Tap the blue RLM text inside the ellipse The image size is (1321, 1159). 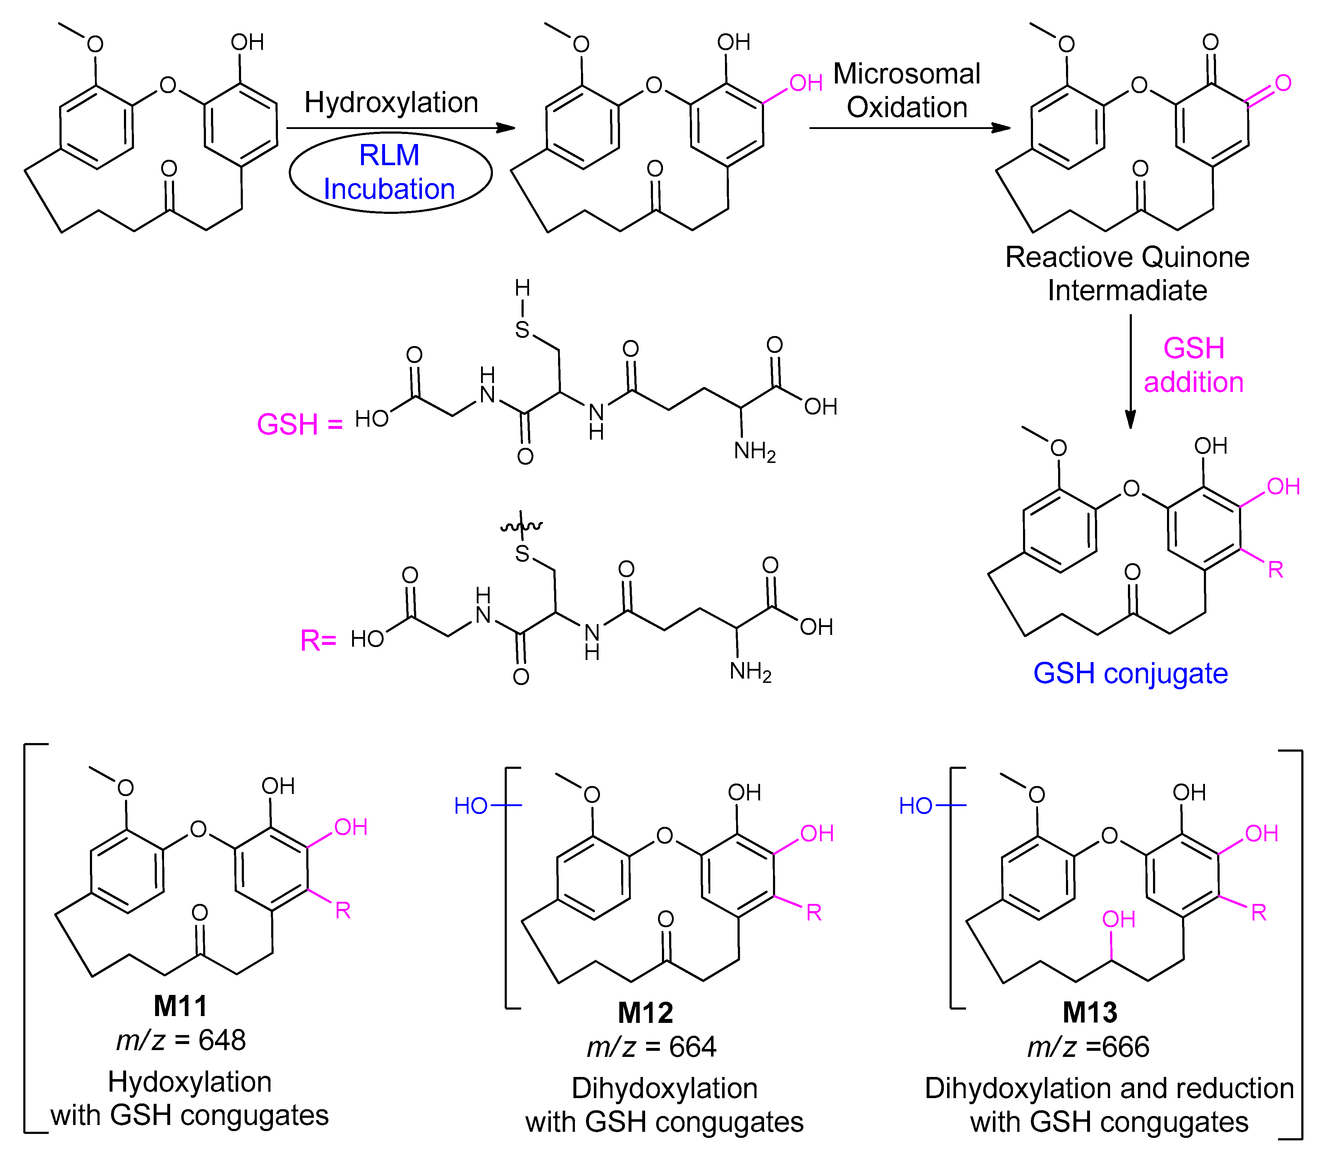[x=389, y=155]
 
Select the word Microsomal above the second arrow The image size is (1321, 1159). [x=906, y=74]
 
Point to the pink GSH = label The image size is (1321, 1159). [x=299, y=425]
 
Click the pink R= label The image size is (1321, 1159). [x=318, y=641]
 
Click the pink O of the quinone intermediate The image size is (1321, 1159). [x=1283, y=83]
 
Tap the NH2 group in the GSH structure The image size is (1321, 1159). [x=754, y=451]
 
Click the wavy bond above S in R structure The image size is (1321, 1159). [x=522, y=527]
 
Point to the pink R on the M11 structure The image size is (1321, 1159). [x=342, y=911]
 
